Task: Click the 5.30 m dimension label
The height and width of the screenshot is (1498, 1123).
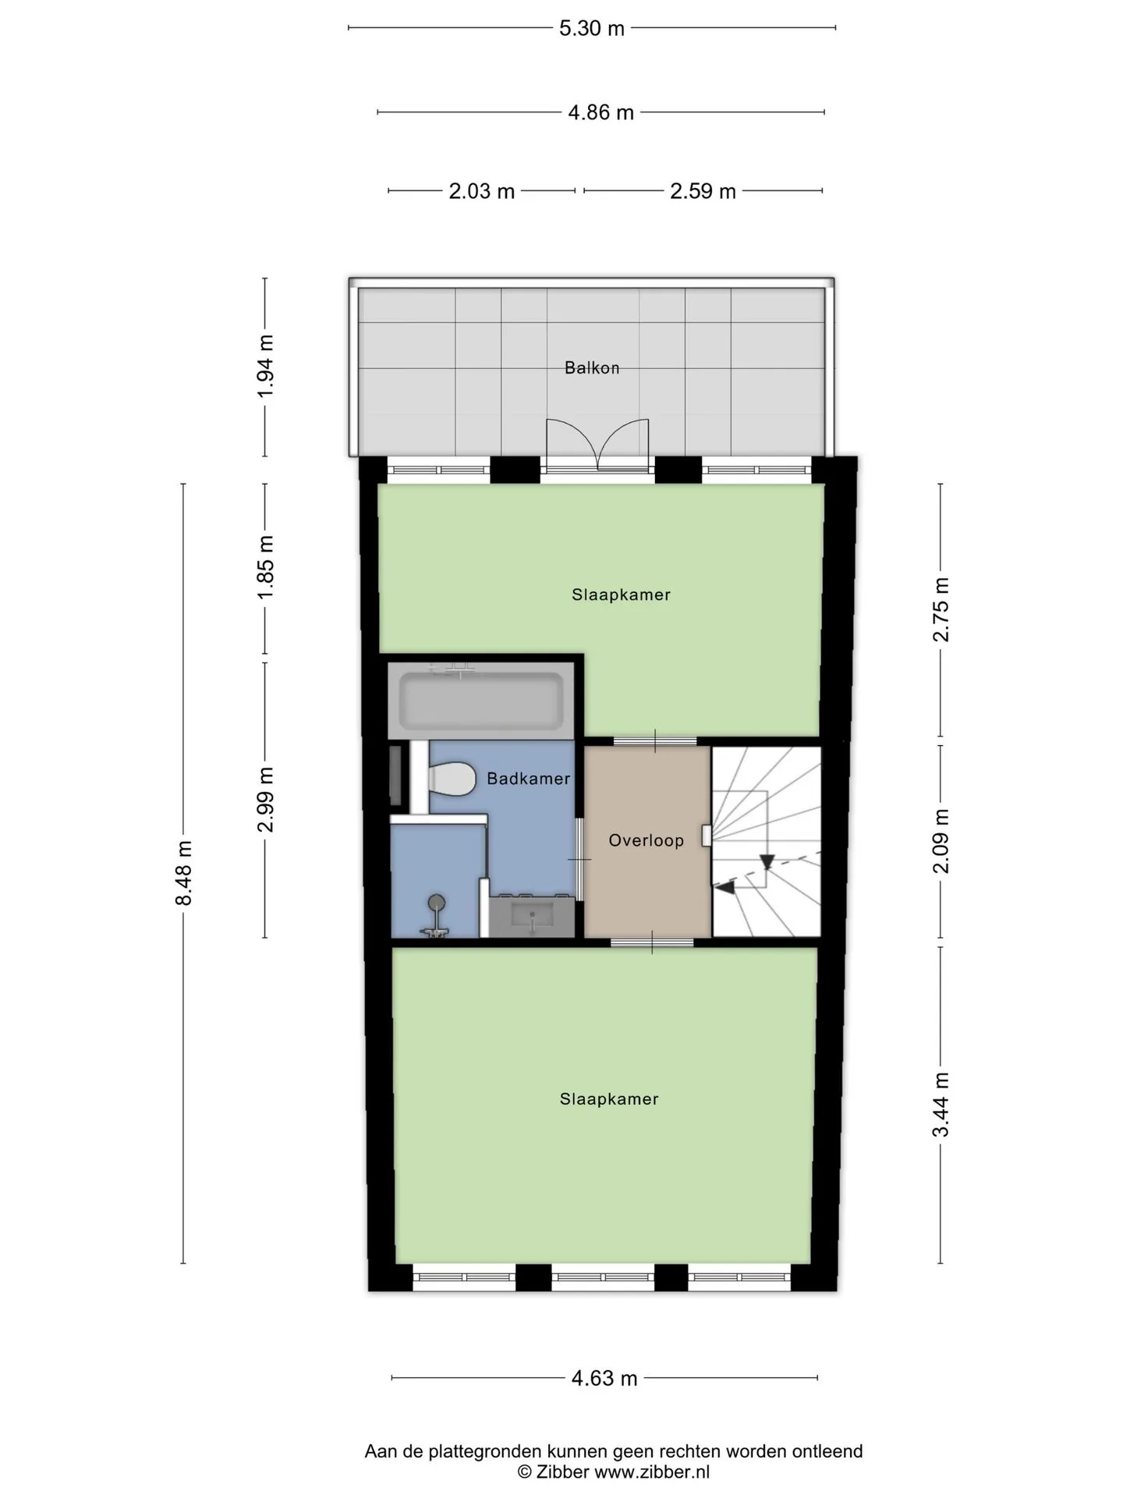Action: tap(592, 29)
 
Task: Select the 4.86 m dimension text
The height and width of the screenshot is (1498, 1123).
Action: tap(600, 112)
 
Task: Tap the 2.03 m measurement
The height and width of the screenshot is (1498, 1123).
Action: tap(481, 191)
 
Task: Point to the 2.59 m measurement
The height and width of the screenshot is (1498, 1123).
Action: tap(703, 191)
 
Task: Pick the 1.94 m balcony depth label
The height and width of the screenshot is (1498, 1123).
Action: tap(266, 365)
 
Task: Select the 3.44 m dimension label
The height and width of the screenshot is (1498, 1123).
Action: tap(941, 1104)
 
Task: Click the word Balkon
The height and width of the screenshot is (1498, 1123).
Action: tap(592, 367)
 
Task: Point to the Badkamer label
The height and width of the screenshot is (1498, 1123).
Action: tap(529, 778)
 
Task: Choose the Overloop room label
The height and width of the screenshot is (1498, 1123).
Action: tap(647, 840)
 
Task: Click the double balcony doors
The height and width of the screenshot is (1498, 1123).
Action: tap(597, 445)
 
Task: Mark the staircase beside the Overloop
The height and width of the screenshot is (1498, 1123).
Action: tap(767, 842)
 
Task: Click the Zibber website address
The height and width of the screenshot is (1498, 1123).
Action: tap(652, 1472)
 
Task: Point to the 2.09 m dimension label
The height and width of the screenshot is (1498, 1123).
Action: tap(941, 841)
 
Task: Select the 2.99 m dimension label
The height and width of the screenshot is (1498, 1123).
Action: tap(266, 800)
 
